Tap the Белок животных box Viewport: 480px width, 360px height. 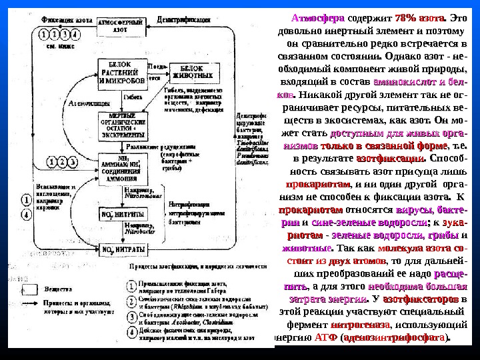(191, 72)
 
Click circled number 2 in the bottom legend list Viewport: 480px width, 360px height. (132, 298)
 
